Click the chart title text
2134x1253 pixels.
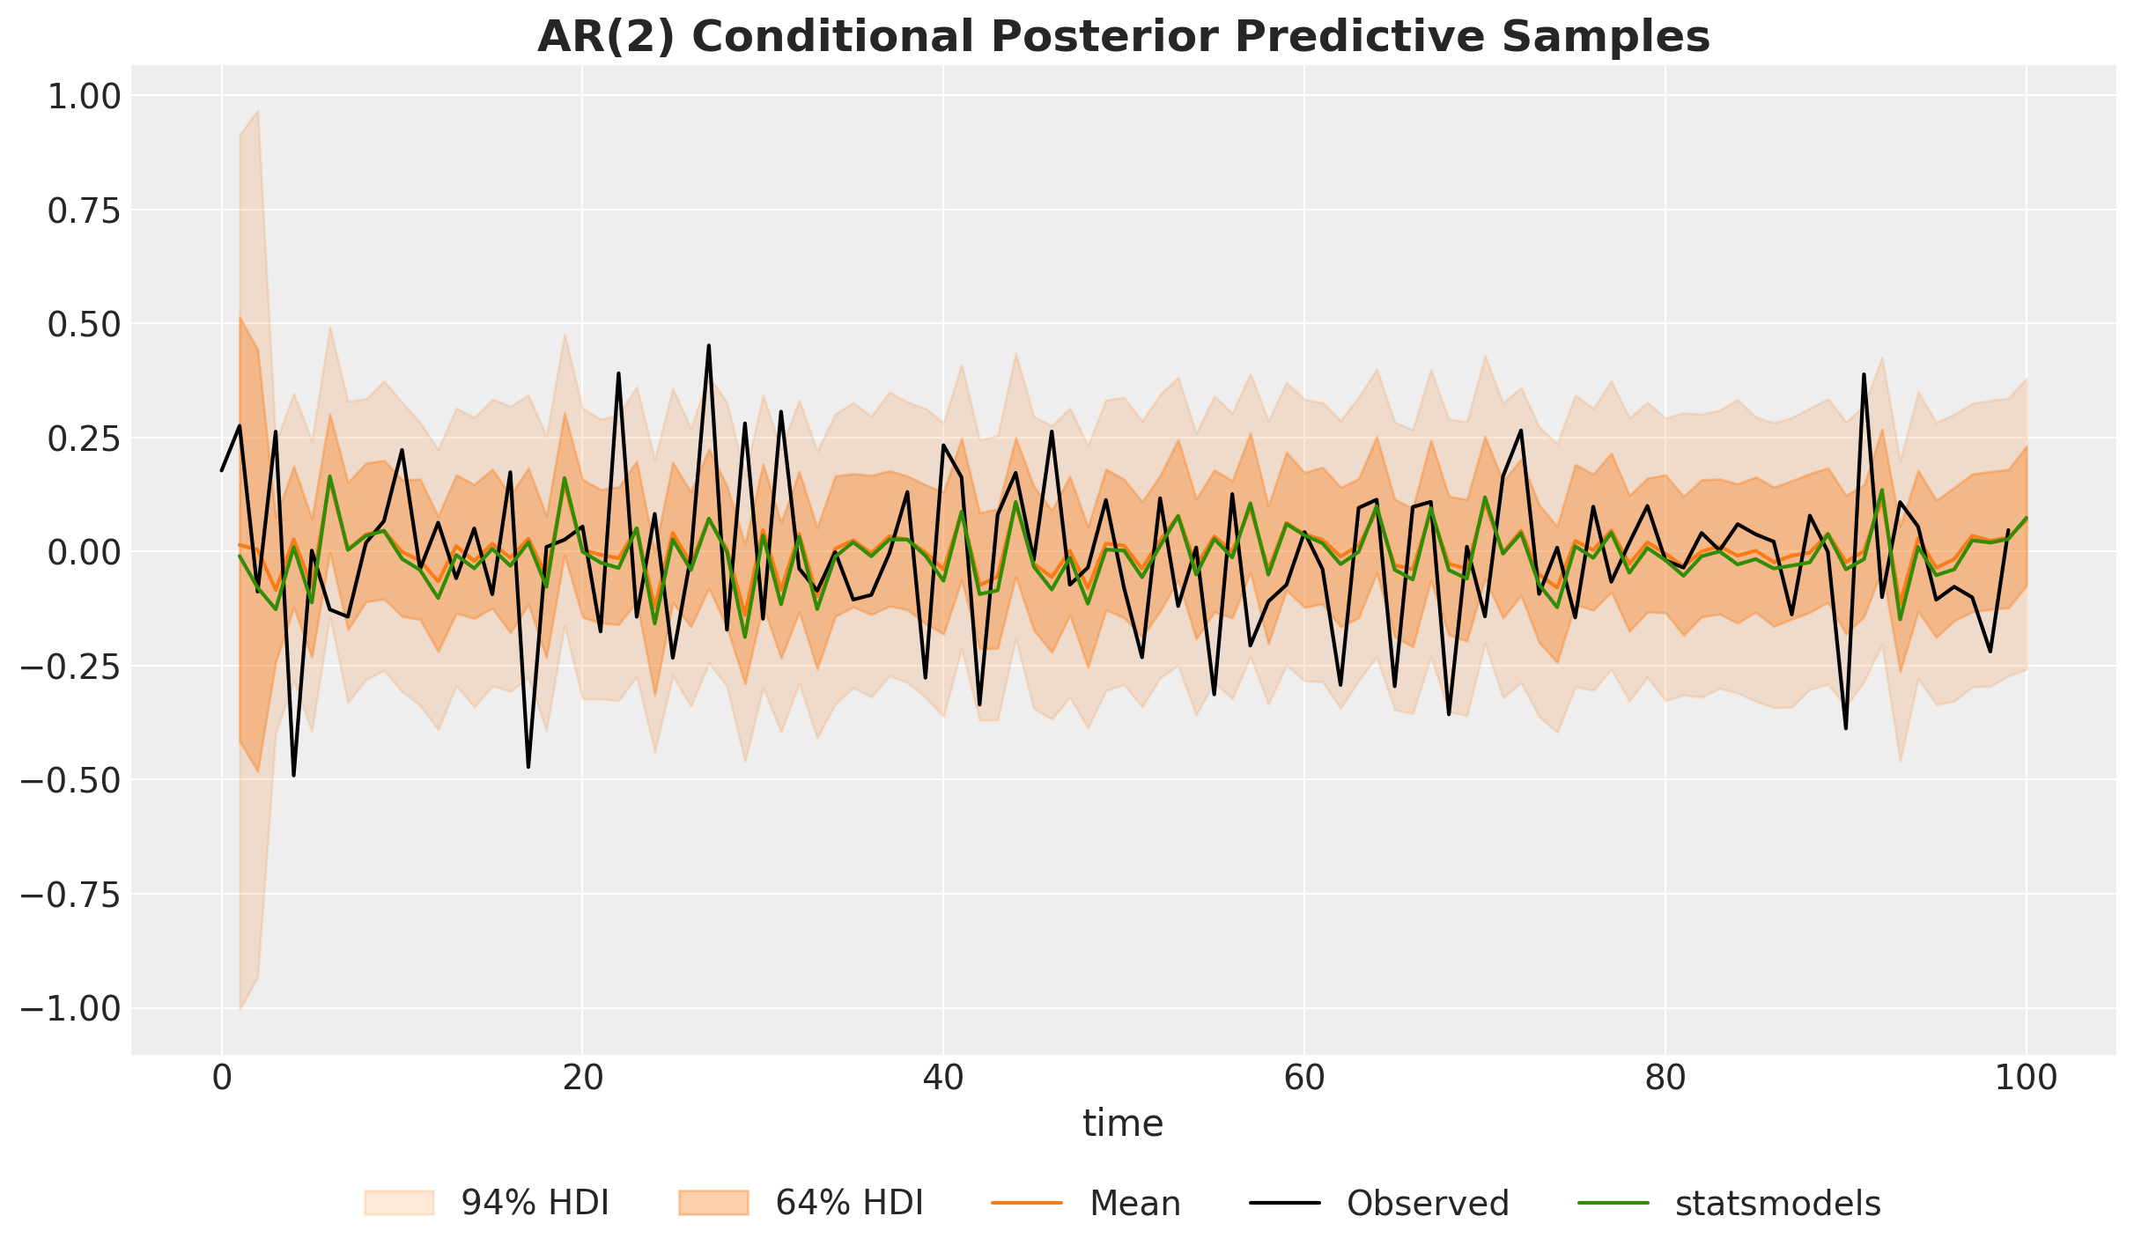pyautogui.click(x=1123, y=37)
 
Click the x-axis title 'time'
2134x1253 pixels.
pyautogui.click(x=1123, y=1124)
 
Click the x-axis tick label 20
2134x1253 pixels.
pyautogui.click(x=582, y=1079)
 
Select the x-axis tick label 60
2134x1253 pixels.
pyautogui.click(x=1304, y=1079)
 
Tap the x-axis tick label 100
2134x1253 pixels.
pyautogui.click(x=2026, y=1079)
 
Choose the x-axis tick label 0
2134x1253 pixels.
pyautogui.click(x=221, y=1079)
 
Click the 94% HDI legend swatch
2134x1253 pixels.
pyautogui.click(x=399, y=1203)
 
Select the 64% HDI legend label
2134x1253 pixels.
pyautogui.click(x=849, y=1203)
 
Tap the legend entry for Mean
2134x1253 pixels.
pyautogui.click(x=1134, y=1203)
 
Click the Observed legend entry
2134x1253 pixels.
pyautogui.click(x=1428, y=1203)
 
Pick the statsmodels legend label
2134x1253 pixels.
pyautogui.click(x=1777, y=1203)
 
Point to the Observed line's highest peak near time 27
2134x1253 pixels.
pyautogui.click(x=709, y=346)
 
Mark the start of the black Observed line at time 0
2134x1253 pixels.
pyautogui.click(x=222, y=470)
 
